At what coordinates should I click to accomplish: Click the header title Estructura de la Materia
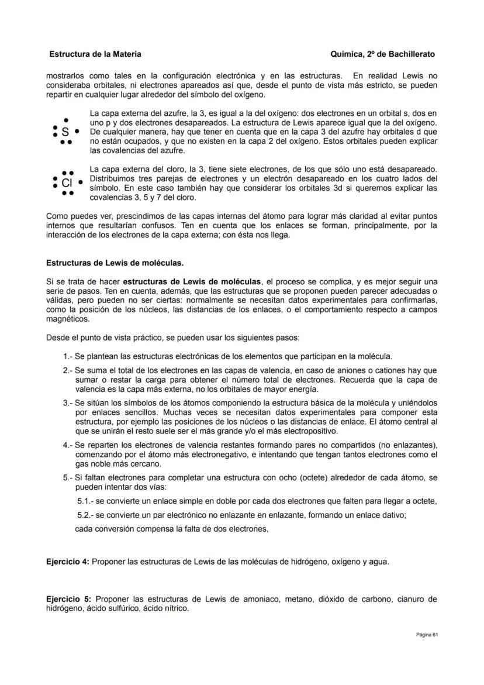coord(95,54)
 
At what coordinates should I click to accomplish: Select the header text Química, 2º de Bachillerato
coord(382,54)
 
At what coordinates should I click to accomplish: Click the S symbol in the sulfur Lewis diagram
coord(65,133)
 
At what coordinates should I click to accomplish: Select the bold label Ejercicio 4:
coord(68,562)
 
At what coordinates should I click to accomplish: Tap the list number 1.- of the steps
coord(68,356)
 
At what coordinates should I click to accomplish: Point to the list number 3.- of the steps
coord(68,403)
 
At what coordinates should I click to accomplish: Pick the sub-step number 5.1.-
coord(85,501)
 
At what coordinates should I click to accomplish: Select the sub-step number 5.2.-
coord(85,515)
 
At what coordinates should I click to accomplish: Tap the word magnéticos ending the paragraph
coord(68,319)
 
